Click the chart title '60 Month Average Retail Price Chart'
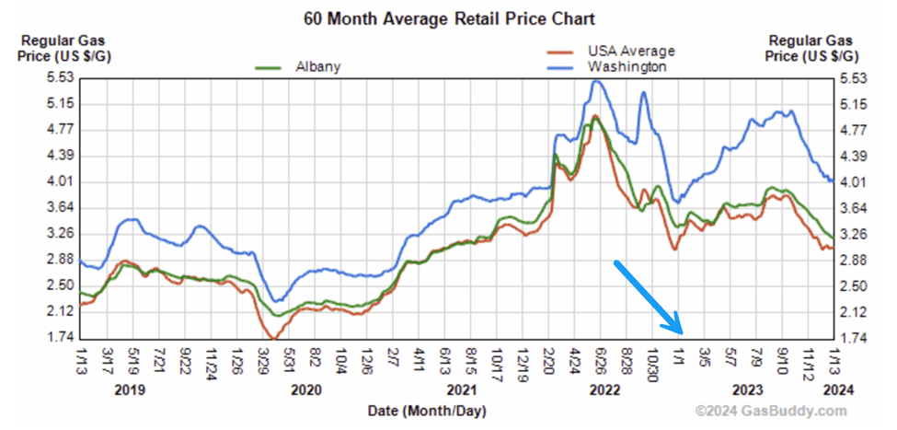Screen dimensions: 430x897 pos(448,17)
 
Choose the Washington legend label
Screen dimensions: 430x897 pos(628,66)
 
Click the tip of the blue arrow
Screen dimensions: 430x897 pos(682,332)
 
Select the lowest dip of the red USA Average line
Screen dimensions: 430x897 pos(273,338)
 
